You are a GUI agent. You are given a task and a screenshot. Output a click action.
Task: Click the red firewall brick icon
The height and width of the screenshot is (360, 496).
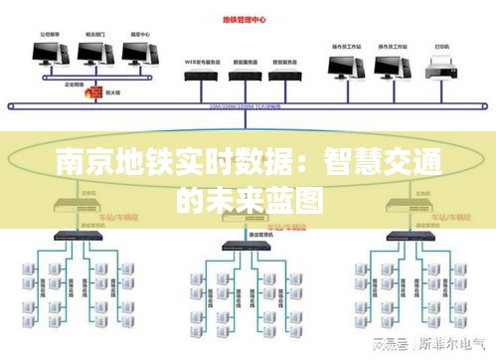[x=95, y=91]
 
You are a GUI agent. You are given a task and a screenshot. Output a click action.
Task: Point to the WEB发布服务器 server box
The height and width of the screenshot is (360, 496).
[x=202, y=73]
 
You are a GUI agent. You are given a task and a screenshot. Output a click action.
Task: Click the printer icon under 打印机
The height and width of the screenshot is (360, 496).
[x=438, y=68]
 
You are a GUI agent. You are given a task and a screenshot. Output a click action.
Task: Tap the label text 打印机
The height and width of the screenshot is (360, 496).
[x=438, y=46]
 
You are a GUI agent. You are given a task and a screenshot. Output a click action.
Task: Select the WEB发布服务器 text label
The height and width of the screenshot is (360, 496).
[x=201, y=60]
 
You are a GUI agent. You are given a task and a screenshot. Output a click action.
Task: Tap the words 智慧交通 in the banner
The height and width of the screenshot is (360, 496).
[x=394, y=161]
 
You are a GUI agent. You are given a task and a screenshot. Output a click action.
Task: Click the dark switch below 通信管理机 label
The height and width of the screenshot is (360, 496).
[x=247, y=246]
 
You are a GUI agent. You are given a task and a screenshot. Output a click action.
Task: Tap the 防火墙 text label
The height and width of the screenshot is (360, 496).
[x=116, y=91]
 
